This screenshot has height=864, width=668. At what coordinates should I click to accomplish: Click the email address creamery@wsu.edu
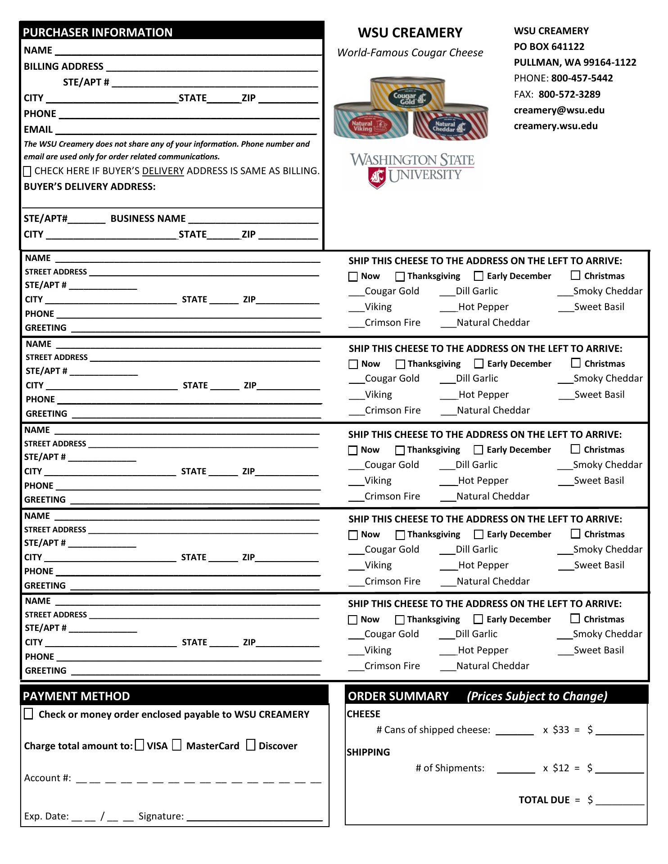[x=559, y=110]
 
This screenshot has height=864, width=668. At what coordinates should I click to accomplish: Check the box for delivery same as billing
[x=27, y=171]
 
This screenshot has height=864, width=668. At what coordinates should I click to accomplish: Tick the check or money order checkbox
[x=28, y=714]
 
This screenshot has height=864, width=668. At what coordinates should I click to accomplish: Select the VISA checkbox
[x=140, y=745]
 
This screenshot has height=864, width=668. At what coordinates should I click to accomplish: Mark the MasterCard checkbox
[x=177, y=745]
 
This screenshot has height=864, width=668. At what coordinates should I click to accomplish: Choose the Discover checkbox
[x=251, y=745]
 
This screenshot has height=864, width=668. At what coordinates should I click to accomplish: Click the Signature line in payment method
[x=254, y=817]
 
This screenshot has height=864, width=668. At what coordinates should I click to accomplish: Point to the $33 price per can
[x=561, y=730]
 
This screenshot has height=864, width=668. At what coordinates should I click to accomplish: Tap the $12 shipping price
[x=561, y=768]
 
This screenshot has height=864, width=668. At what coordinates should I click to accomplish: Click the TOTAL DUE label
[x=544, y=800]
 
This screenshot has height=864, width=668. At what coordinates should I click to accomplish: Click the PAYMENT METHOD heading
[x=77, y=696]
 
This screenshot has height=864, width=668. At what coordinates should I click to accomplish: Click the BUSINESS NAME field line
[x=253, y=219]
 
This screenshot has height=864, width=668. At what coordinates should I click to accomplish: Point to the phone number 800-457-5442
[x=582, y=78]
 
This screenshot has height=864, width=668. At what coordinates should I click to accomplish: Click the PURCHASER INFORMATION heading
[x=98, y=32]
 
